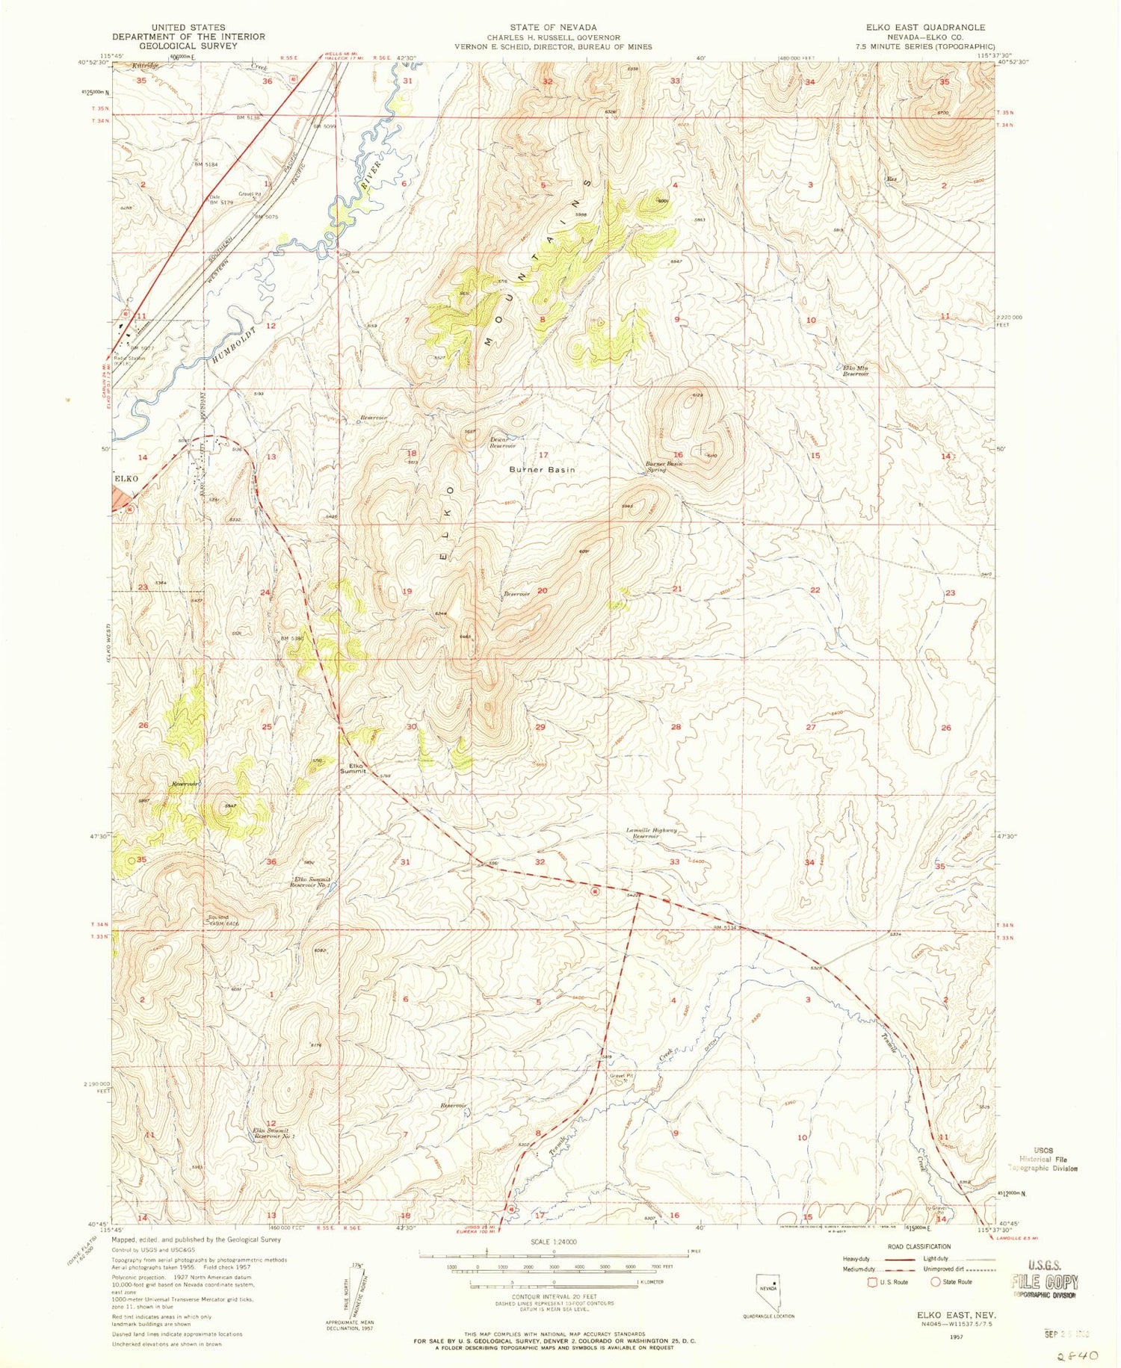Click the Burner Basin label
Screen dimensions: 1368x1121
point(542,469)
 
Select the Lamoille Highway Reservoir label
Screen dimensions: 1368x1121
point(652,832)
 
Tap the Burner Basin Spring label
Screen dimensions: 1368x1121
point(664,466)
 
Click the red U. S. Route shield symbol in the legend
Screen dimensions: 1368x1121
point(871,1281)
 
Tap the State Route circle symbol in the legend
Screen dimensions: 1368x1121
point(934,1281)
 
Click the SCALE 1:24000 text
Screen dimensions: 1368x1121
point(554,1242)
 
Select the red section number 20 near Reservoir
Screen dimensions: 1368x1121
point(543,590)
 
